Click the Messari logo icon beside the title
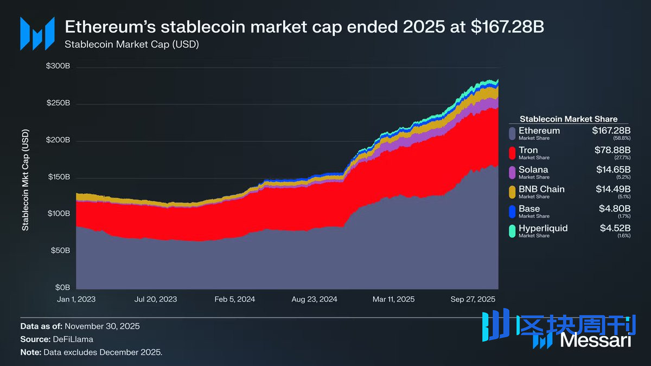click(x=37, y=34)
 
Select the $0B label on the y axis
click(x=62, y=287)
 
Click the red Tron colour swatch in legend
click(x=512, y=153)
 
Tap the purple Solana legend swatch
click(x=512, y=172)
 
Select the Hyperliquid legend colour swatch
click(x=512, y=231)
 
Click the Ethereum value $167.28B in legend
click(x=611, y=131)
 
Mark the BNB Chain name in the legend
click(x=541, y=189)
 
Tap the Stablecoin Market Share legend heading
click(x=569, y=119)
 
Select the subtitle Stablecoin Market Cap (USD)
click(x=132, y=44)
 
